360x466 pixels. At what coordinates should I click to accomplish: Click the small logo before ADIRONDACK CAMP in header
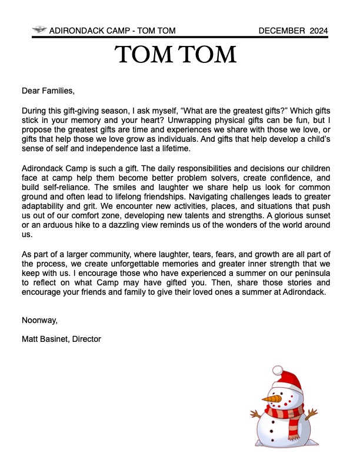pyautogui.click(x=39, y=30)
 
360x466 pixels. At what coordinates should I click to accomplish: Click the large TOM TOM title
pyautogui.click(x=176, y=55)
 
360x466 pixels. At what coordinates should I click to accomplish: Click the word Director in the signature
pyautogui.click(x=86, y=339)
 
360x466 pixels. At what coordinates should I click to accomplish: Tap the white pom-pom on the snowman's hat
pyautogui.click(x=278, y=370)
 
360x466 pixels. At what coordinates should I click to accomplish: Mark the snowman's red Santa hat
pyautogui.click(x=289, y=381)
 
